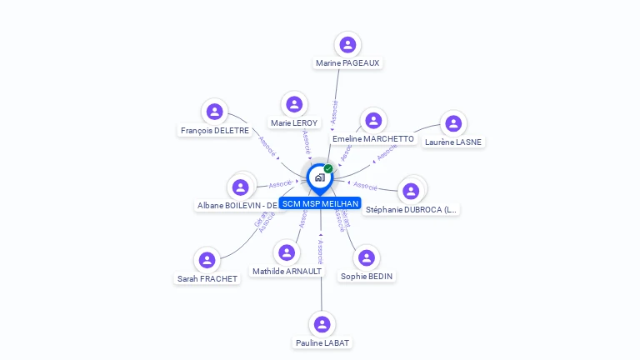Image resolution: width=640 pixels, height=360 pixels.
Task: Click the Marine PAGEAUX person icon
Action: [x=348, y=45]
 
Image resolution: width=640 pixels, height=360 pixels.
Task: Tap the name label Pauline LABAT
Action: [x=322, y=342]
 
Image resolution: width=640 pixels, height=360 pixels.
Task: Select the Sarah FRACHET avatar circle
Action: [x=207, y=260]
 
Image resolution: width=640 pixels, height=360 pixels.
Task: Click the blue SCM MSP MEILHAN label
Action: [x=320, y=203]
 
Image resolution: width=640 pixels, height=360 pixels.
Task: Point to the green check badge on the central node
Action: [x=328, y=169]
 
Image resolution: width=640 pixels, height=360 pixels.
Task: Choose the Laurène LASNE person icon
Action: [x=453, y=124]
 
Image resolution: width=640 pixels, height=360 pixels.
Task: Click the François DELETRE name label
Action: [x=215, y=130]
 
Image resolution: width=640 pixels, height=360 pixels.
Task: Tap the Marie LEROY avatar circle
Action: [x=293, y=105]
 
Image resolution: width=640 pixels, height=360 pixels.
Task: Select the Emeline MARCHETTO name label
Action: [x=372, y=138]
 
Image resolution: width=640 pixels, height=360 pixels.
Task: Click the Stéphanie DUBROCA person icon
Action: [x=411, y=191]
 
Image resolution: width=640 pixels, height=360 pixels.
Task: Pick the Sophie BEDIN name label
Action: [x=367, y=276]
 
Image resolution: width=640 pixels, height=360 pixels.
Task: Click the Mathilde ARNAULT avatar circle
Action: [x=287, y=252]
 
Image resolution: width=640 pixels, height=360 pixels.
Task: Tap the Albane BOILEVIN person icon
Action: [x=241, y=187]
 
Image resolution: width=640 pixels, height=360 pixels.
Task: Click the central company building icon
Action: [x=319, y=177]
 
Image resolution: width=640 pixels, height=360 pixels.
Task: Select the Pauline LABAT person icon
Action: [x=322, y=324]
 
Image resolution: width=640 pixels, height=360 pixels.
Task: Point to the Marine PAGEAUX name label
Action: [x=348, y=62]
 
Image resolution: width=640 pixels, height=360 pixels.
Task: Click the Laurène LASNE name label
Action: [x=453, y=142]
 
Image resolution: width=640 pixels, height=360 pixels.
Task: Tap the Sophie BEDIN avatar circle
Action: [x=367, y=257]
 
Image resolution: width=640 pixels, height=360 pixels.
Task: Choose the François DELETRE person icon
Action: [x=215, y=112]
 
